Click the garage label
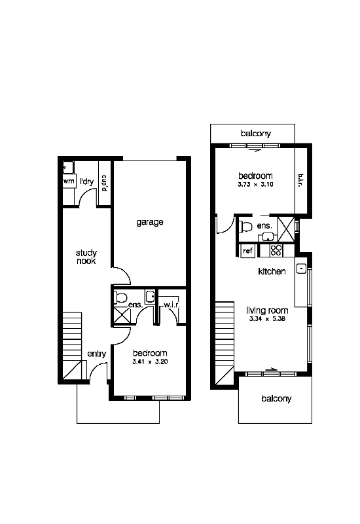[x=150, y=222]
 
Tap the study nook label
[x=86, y=256]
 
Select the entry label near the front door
[x=96, y=354]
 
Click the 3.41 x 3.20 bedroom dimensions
[x=151, y=361]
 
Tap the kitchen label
[x=272, y=271]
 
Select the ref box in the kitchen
[x=247, y=251]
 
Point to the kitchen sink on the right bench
[x=300, y=268]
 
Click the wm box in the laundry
[x=68, y=181]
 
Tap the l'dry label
[x=86, y=181]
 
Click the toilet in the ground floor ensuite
[x=121, y=299]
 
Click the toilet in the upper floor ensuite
[x=247, y=227]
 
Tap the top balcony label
[x=255, y=134]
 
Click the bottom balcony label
[x=276, y=398]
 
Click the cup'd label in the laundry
[x=104, y=181]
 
